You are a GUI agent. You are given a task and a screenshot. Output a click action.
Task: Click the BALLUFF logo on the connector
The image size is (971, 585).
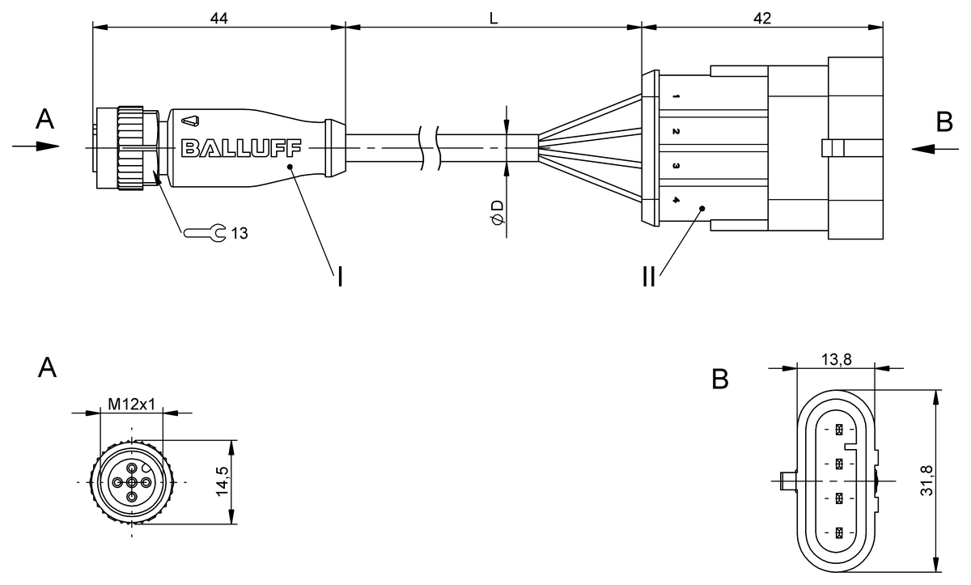coord(241,148)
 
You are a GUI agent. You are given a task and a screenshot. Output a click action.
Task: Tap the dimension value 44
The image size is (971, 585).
coord(219,18)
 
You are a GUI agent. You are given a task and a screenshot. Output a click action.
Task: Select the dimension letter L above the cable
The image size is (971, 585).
coord(494,18)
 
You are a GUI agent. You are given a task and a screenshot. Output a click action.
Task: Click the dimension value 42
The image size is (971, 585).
coord(762,18)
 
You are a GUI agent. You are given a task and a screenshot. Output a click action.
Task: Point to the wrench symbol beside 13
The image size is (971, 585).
coord(205,233)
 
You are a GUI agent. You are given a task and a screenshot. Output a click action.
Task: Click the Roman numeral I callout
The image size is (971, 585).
coord(341,277)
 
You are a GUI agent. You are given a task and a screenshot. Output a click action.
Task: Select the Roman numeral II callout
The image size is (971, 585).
coord(649,277)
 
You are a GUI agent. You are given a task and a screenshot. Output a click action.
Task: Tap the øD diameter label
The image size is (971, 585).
coord(498,213)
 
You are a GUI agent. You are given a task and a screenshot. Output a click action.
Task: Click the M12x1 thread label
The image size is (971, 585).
coord(131,405)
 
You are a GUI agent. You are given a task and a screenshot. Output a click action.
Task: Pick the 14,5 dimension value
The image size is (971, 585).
coord(223,481)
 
